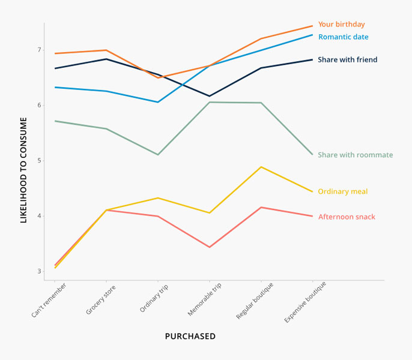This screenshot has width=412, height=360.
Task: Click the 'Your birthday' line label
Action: pos(341,25)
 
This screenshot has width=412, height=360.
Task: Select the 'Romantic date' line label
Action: pos(343,37)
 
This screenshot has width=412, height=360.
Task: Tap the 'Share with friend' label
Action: pos(347,59)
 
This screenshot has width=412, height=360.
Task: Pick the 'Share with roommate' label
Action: pos(355,155)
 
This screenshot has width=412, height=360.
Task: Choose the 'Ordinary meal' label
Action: pos(342,192)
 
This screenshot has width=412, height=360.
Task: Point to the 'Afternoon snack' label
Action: pos(347,217)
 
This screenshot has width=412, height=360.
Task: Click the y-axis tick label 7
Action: pos(39,50)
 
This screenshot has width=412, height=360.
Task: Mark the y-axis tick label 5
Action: pos(39,161)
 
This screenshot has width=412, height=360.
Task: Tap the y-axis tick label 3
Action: pos(39,272)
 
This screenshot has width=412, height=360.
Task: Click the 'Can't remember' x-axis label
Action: pos(49,301)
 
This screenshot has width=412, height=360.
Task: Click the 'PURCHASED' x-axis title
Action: pos(190,337)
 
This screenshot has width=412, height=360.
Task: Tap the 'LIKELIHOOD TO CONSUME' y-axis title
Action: pos(24,170)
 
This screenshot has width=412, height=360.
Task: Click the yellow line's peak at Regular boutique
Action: pos(261,167)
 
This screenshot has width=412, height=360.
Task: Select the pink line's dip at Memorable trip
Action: pos(210,247)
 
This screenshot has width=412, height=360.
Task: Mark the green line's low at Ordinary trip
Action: pos(158,155)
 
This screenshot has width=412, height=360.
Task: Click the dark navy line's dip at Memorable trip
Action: pos(210,96)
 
